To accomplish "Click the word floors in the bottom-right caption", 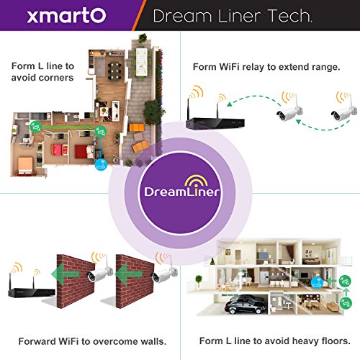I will pyautogui.click(x=331, y=340).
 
